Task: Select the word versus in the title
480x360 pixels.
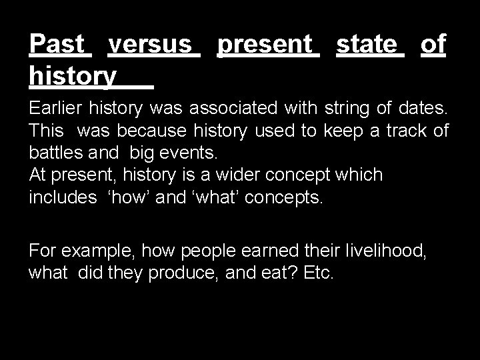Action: click(x=153, y=45)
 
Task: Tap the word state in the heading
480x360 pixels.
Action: click(x=370, y=45)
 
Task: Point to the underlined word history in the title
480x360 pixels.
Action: click(x=73, y=77)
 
